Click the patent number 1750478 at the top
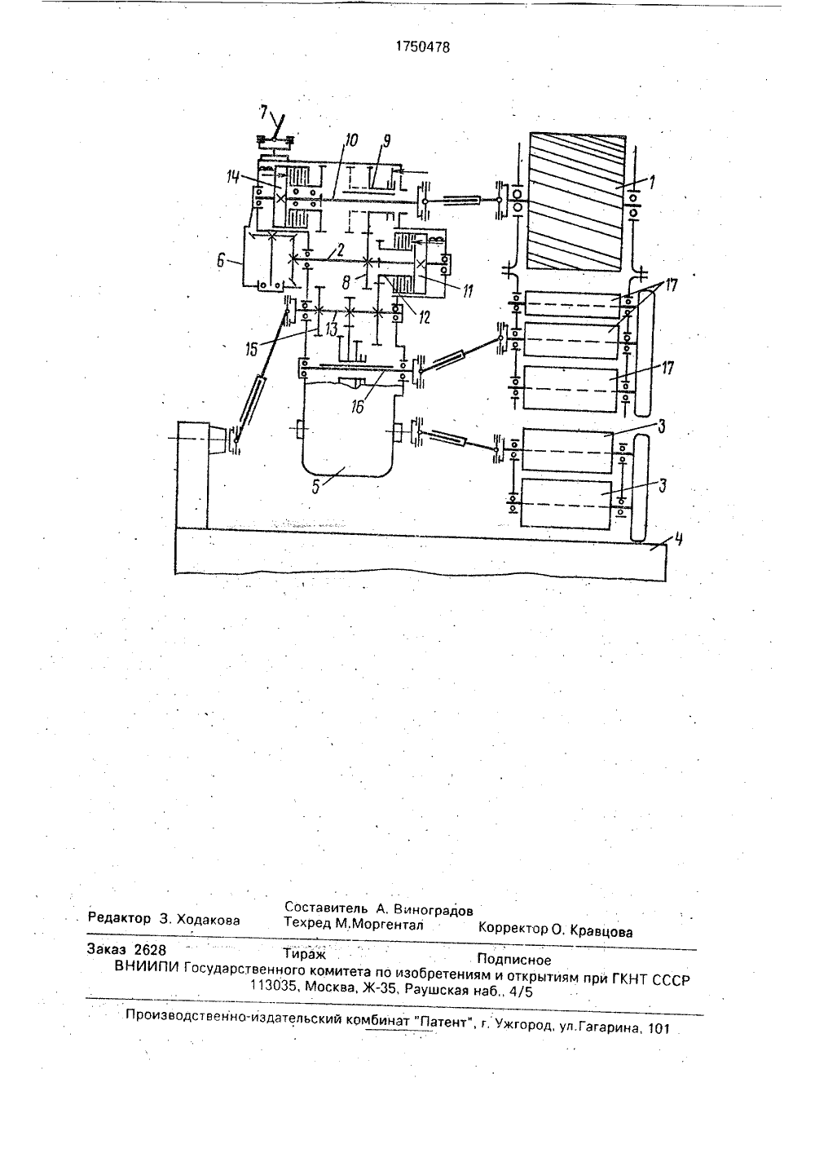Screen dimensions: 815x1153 (422, 47)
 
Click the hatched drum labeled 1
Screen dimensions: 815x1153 (578, 201)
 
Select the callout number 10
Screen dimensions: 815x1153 (352, 140)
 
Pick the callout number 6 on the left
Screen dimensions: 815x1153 (221, 261)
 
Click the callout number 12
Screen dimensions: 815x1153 (424, 317)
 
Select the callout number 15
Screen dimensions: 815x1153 (253, 351)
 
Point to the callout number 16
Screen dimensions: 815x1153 (357, 407)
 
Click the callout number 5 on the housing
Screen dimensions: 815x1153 (316, 487)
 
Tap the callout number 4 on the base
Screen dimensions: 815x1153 (679, 539)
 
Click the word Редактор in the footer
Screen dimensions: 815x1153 (119, 918)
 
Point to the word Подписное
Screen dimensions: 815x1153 (513, 960)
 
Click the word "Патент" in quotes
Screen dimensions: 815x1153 (444, 1021)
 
